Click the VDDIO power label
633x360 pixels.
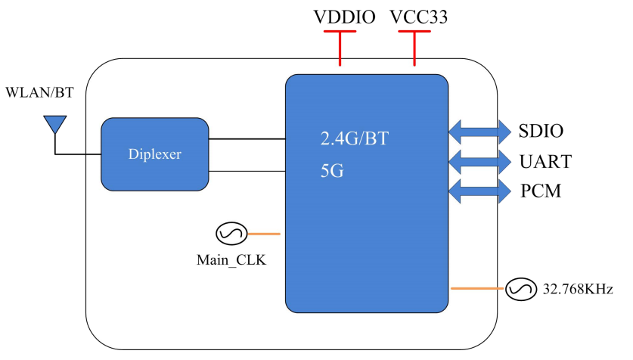tap(344, 17)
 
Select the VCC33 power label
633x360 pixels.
tap(418, 17)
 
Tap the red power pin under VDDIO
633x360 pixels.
tap(340, 49)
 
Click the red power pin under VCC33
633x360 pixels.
tap(414, 49)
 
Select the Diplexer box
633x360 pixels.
tap(155, 154)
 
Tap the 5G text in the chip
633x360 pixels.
tap(332, 171)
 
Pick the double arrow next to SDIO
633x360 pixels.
tap(479, 132)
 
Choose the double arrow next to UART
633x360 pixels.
tap(479, 160)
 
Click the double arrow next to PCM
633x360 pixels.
tap(479, 190)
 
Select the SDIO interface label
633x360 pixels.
tap(541, 132)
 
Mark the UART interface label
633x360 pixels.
tap(545, 161)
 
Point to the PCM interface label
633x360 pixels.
tap(541, 191)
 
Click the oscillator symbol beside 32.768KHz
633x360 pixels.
tap(520, 288)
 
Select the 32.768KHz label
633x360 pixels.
tap(578, 289)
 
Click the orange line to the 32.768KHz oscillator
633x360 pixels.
tap(477, 288)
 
